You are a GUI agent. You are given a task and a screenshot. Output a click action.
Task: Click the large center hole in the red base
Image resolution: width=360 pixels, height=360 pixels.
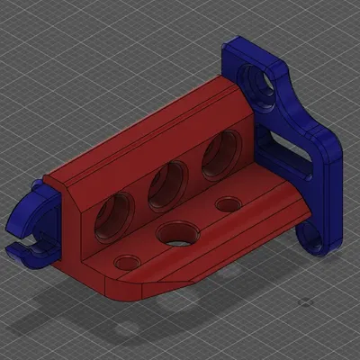point(175,236)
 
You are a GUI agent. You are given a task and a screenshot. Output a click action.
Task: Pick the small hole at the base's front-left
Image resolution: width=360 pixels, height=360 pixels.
point(126,262)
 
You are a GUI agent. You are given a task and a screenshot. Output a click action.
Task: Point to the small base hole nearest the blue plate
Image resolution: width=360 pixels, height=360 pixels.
point(229,205)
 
